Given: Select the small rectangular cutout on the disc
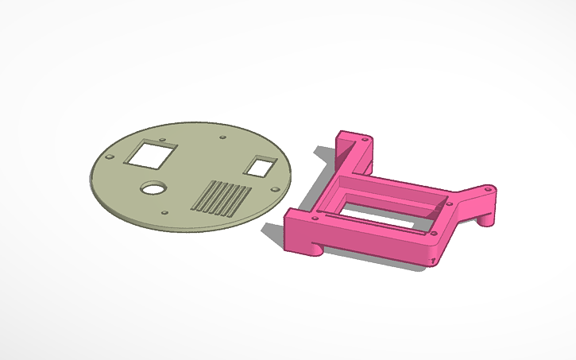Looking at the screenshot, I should pyautogui.click(x=260, y=167).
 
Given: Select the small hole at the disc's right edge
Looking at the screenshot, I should pyautogui.click(x=275, y=189).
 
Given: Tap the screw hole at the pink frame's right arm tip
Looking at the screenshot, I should pyautogui.click(x=487, y=191).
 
